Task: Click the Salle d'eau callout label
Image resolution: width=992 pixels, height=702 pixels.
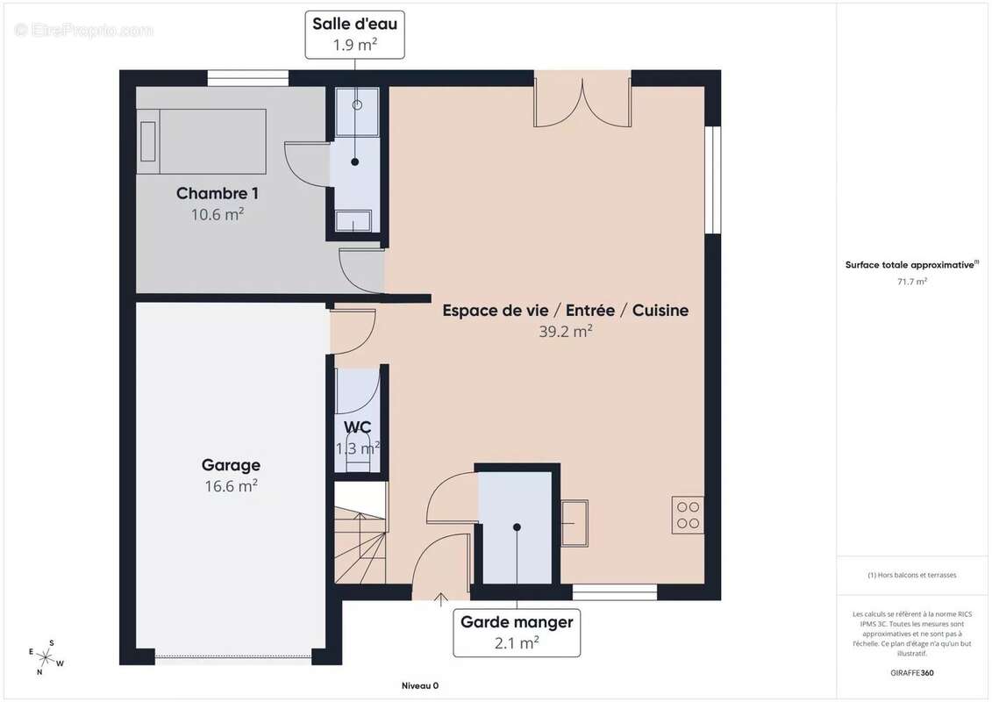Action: (354, 35)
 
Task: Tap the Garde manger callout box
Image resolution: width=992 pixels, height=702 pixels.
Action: (517, 633)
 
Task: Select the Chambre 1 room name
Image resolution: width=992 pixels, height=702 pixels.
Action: (217, 194)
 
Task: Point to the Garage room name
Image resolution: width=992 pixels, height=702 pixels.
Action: (231, 465)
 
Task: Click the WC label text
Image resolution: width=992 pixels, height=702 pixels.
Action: (358, 427)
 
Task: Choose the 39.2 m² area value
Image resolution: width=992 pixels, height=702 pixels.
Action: (565, 331)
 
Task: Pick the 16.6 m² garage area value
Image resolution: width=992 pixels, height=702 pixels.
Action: (231, 486)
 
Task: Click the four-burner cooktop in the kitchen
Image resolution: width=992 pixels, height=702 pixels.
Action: (688, 514)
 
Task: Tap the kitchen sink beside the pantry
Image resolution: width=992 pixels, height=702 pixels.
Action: (575, 523)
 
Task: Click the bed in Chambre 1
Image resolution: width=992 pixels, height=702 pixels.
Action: (202, 141)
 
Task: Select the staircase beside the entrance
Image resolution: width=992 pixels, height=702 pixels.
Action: (360, 533)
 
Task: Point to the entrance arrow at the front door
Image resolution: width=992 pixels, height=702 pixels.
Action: (441, 599)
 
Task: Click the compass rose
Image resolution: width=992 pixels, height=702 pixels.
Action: (46, 658)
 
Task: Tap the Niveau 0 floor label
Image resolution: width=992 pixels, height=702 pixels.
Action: (420, 685)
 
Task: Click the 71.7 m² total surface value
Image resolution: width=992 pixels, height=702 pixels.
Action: (911, 282)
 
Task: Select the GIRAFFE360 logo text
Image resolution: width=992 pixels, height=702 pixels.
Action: (911, 673)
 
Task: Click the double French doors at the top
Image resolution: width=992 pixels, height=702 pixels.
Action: (582, 101)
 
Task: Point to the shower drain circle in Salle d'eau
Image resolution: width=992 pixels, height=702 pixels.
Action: (357, 105)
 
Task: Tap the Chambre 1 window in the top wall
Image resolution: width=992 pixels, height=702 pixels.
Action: (248, 78)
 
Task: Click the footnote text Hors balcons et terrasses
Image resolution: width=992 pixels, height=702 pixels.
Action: (911, 576)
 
